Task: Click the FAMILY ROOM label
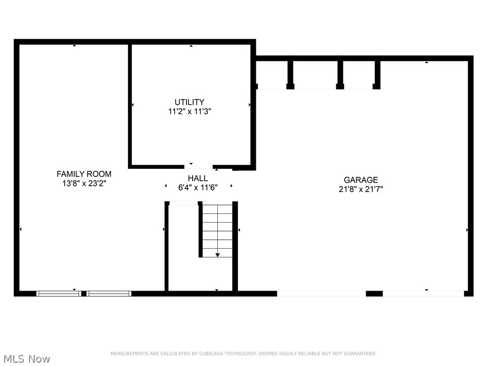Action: tap(84, 174)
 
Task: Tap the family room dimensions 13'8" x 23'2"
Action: tap(84, 183)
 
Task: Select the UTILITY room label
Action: tap(189, 102)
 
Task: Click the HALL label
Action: tap(197, 178)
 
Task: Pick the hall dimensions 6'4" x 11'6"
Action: tap(197, 187)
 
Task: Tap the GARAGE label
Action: tap(361, 180)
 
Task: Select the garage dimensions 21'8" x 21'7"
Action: tap(361, 189)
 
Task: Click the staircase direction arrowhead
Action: tap(217, 255)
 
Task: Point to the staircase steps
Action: tap(217, 229)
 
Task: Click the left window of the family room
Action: tap(59, 294)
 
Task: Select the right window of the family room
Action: tap(108, 294)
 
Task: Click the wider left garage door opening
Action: tap(321, 294)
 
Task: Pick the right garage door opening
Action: tap(423, 294)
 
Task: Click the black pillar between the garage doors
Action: tap(374, 294)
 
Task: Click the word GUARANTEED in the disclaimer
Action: tap(359, 354)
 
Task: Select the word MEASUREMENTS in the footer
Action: tap(128, 354)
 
